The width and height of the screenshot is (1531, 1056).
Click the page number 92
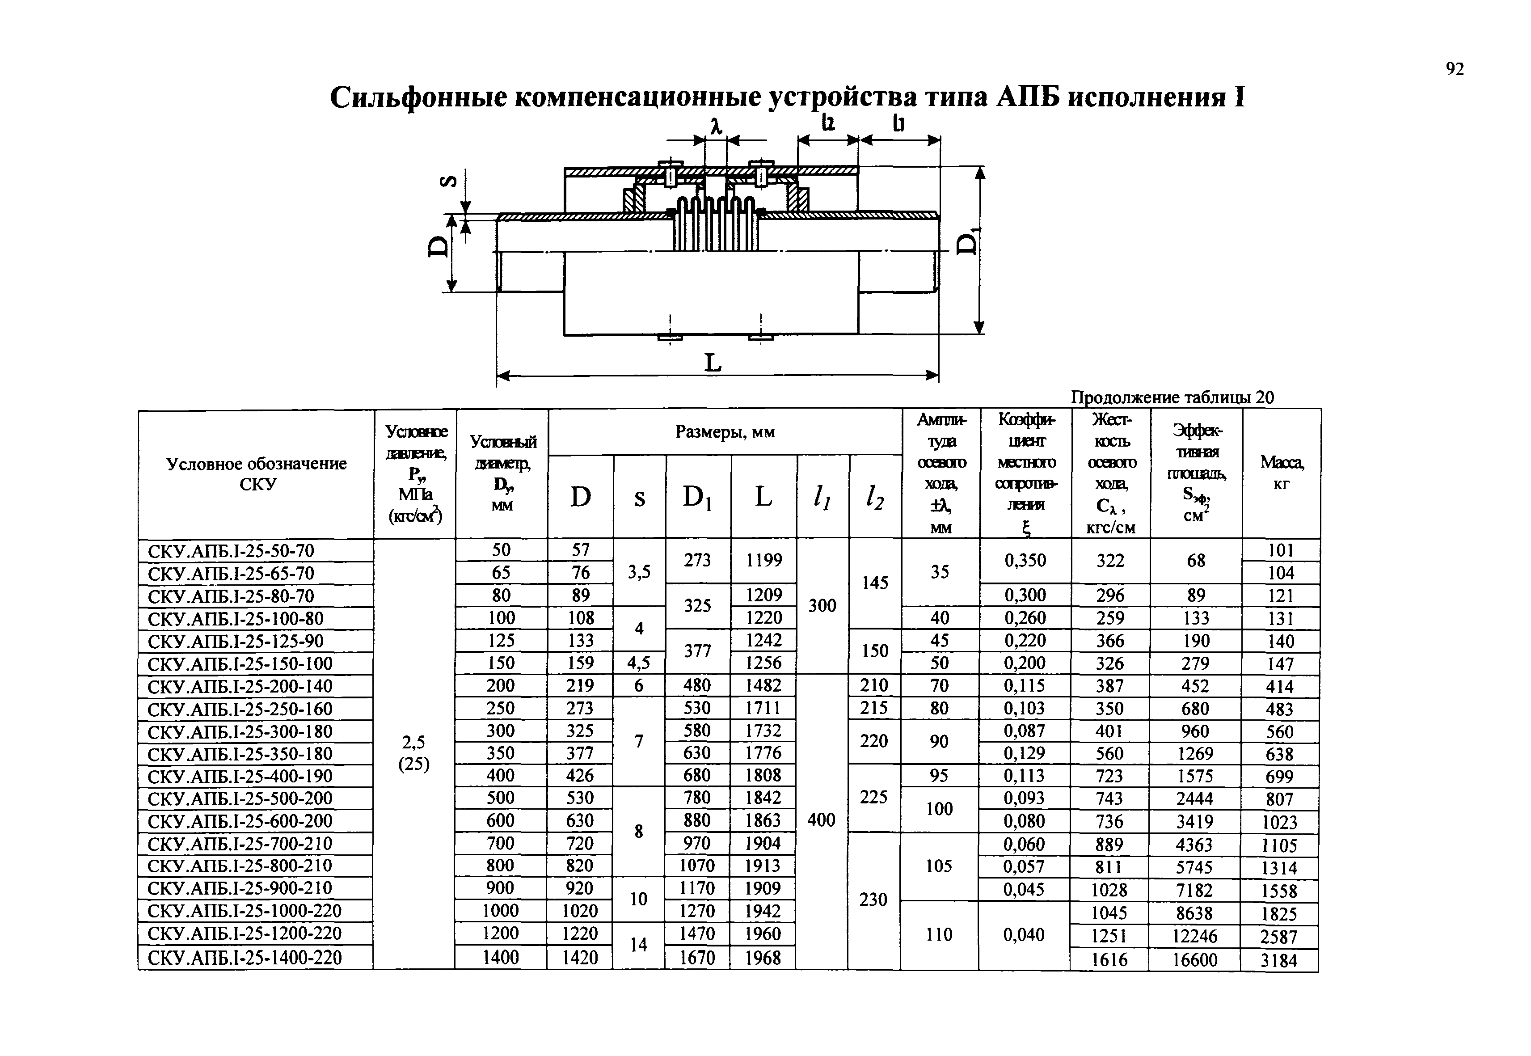click(1454, 69)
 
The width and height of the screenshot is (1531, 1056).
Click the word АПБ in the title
click(1025, 97)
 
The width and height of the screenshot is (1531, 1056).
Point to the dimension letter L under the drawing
click(713, 363)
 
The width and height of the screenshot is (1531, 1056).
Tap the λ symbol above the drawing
click(716, 126)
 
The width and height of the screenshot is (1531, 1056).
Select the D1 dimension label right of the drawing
click(968, 241)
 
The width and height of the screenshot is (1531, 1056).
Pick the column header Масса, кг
click(1282, 473)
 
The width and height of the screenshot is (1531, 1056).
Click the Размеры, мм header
click(725, 432)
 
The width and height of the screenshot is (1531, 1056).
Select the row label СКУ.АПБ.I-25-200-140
click(240, 687)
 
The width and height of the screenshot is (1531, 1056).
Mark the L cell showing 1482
click(763, 685)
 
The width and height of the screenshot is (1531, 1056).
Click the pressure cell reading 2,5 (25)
click(414, 753)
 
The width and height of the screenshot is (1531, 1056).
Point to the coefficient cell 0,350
click(1025, 561)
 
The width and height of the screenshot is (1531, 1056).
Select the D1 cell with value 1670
click(697, 957)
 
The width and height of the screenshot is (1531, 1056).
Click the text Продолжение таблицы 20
click(1172, 397)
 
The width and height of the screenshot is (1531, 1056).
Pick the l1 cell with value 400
click(821, 820)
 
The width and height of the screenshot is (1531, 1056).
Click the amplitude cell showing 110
click(939, 934)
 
